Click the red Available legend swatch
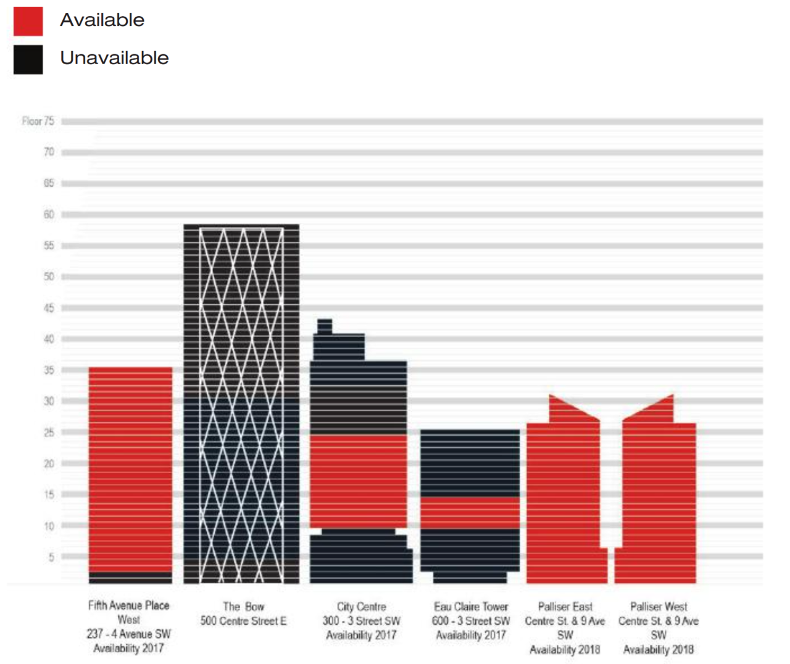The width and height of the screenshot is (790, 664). (28, 21)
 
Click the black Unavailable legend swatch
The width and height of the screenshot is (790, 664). (28, 59)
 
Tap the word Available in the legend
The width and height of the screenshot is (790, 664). (102, 20)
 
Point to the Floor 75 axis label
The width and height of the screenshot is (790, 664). (38, 121)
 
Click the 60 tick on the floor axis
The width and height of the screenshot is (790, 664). (49, 214)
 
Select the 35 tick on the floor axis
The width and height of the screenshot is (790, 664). (49, 370)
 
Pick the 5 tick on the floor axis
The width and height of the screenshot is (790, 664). (51, 557)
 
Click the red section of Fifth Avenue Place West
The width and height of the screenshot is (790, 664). (130, 469)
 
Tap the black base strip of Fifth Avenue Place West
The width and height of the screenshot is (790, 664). (130, 578)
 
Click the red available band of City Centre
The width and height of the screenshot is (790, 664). (358, 481)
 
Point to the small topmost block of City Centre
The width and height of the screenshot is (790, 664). (325, 326)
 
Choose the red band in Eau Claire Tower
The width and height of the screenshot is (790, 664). (470, 512)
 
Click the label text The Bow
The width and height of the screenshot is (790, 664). (243, 607)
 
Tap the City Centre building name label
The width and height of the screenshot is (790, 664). (361, 607)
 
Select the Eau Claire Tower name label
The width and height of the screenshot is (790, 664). (470, 607)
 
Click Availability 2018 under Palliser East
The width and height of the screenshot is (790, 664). (565, 649)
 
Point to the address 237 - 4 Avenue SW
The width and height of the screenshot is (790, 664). (128, 634)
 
